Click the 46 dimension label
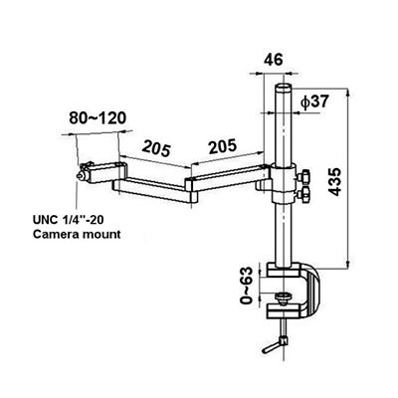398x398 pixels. (x=274, y=60)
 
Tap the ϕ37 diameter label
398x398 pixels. (x=314, y=101)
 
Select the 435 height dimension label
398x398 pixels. (x=335, y=182)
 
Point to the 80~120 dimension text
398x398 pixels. (x=98, y=117)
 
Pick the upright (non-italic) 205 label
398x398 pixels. (x=223, y=146)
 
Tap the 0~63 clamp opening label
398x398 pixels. (x=247, y=286)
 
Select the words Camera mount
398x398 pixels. (x=77, y=234)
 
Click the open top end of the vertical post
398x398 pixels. (x=284, y=87)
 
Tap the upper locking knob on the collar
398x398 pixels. (x=303, y=176)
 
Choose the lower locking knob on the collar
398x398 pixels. (x=304, y=194)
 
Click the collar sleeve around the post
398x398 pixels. (x=283, y=183)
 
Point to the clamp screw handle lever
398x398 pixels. (x=275, y=344)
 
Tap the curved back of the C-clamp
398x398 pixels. (x=312, y=291)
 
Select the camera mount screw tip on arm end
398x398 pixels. (x=80, y=176)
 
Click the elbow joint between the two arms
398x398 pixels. (x=191, y=190)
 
